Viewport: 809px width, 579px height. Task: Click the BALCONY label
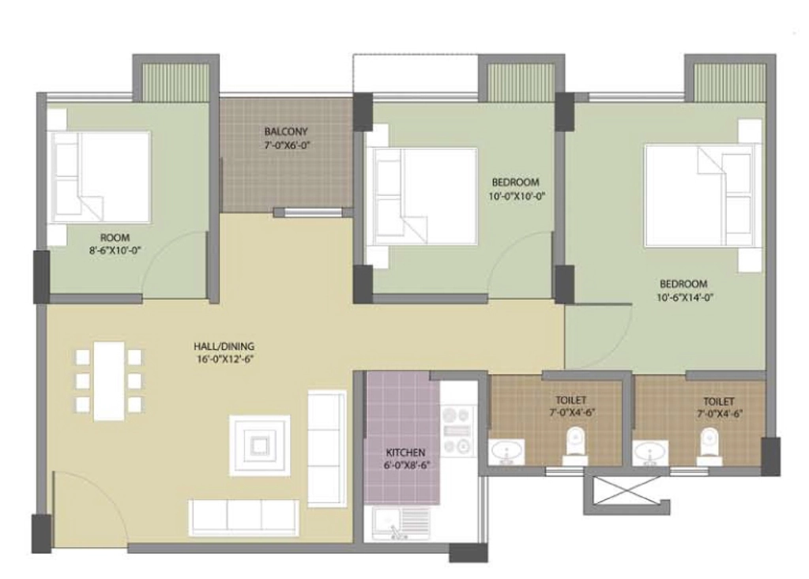tap(286, 131)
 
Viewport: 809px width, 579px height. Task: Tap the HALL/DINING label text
tap(224, 346)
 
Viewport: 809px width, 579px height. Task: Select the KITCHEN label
tap(405, 453)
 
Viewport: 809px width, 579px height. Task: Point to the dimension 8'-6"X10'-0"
tap(115, 251)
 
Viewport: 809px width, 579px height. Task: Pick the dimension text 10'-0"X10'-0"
tap(517, 196)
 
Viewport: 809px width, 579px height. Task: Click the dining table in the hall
tap(109, 381)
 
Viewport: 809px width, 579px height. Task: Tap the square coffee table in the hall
tap(259, 446)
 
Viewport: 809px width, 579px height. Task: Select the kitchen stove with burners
tap(457, 430)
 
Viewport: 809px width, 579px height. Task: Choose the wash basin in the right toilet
tap(650, 453)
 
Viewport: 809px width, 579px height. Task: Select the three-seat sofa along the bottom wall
tap(243, 517)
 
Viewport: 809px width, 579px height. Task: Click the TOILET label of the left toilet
tap(570, 400)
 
